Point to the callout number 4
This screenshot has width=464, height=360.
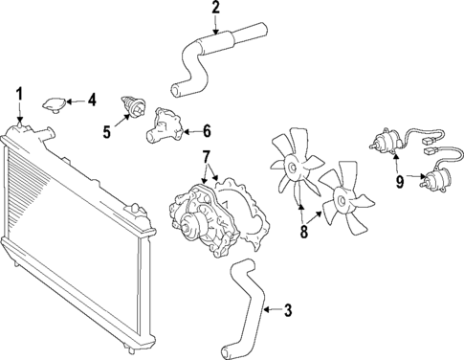click(x=92, y=99)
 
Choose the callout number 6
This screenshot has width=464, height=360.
click(x=207, y=131)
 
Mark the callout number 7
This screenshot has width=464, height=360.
click(x=205, y=156)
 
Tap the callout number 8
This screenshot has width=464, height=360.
click(x=304, y=230)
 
